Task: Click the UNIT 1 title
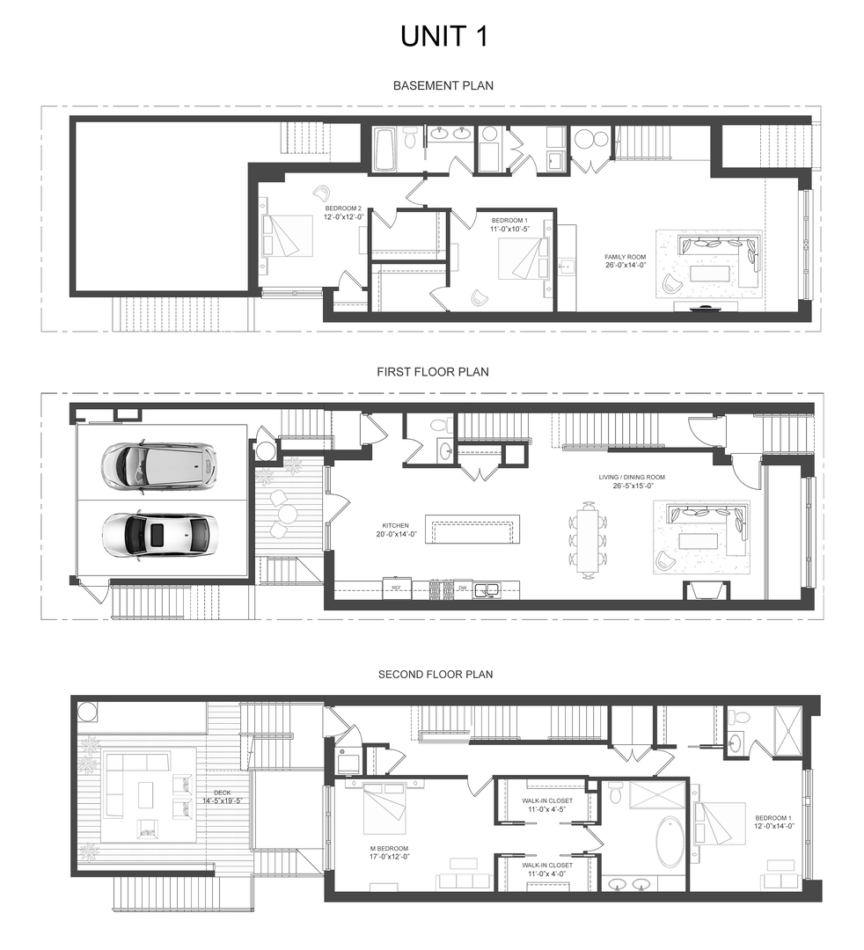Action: tap(443, 36)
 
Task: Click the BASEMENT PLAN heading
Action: tap(443, 85)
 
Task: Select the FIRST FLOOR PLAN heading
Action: tap(433, 372)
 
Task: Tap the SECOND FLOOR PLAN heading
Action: tap(436, 675)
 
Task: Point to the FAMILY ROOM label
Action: tap(626, 257)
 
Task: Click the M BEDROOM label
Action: tap(387, 850)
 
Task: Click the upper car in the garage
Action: tap(158, 464)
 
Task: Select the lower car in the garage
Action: tap(158, 534)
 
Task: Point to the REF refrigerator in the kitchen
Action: tap(396, 587)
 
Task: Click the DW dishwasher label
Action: tap(462, 587)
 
